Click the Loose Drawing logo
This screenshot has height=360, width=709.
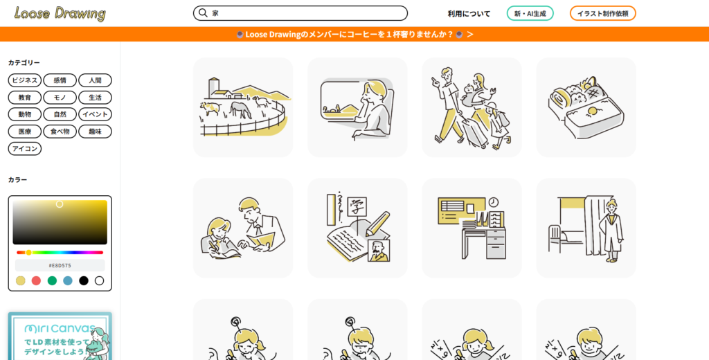coord(60,13)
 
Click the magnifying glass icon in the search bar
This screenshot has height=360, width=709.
coord(203,13)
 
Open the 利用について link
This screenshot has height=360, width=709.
coord(469,14)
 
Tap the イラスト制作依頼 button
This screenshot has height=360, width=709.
coord(603,14)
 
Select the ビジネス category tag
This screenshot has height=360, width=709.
coord(25,80)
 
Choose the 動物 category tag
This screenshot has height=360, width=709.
coord(25,114)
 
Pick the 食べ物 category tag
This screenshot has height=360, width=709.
coord(60,132)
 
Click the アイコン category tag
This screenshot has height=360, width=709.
coord(25,149)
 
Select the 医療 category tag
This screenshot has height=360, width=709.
coord(25,132)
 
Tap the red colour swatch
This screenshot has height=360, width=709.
coord(36,281)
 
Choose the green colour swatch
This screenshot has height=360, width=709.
coord(52,281)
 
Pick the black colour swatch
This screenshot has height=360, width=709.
coord(84,281)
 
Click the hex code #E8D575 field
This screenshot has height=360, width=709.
coord(60,265)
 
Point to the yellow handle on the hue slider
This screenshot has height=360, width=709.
coord(28,253)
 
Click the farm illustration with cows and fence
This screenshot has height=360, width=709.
coord(243,107)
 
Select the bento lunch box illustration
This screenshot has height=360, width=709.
coord(586,107)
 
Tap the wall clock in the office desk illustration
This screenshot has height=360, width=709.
coord(493,201)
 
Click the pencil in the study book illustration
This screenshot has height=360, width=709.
coord(377,224)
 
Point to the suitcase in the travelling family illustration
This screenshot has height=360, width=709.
coord(476,133)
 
